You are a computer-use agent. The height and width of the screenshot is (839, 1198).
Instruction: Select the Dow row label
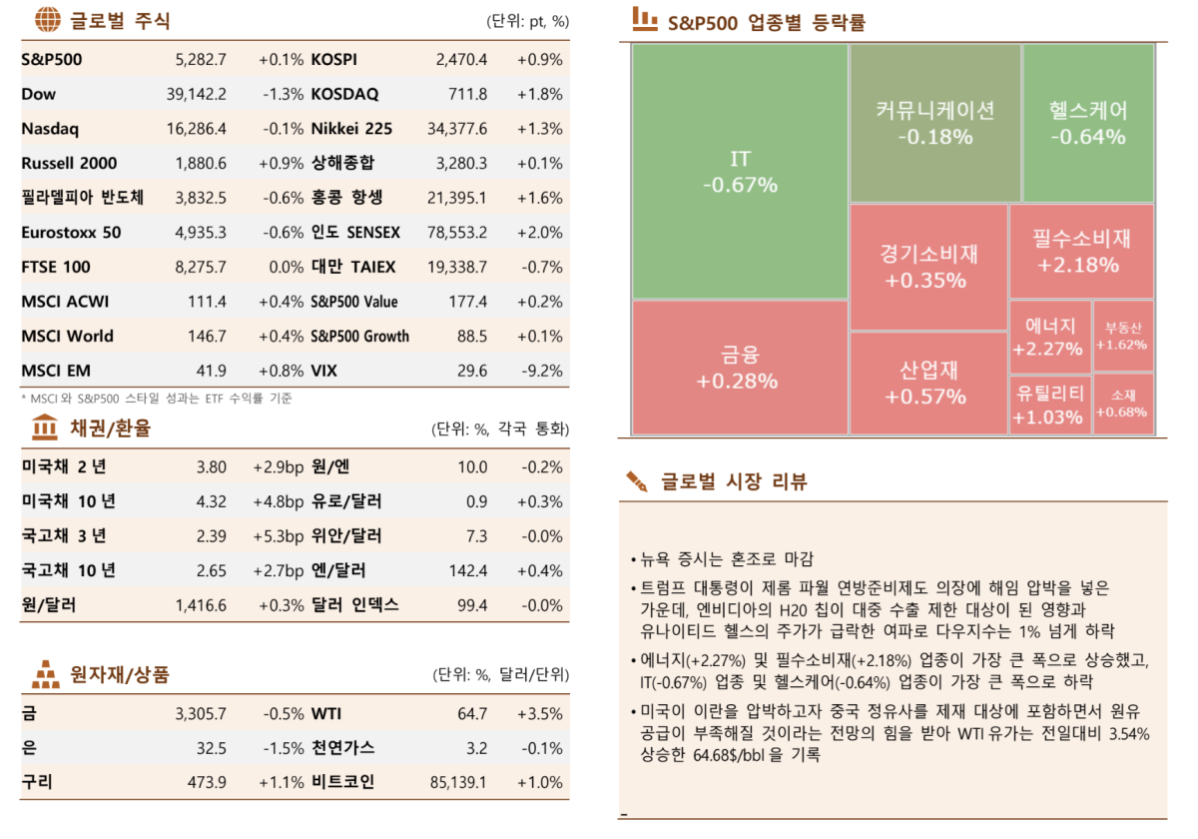pyautogui.click(x=39, y=95)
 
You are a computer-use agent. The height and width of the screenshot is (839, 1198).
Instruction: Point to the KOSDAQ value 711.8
pyautogui.click(x=468, y=95)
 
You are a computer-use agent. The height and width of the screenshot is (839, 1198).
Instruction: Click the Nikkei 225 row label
pyautogui.click(x=351, y=129)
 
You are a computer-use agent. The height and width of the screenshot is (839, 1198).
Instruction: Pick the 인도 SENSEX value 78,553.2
pyautogui.click(x=456, y=233)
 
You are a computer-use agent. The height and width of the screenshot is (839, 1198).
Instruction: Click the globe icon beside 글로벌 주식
pyautogui.click(x=46, y=19)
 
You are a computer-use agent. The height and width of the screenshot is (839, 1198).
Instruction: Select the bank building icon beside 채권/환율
pyautogui.click(x=45, y=428)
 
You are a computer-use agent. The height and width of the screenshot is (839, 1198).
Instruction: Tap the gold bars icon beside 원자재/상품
pyautogui.click(x=45, y=674)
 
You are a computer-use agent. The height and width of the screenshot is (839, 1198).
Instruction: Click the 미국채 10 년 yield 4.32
pyautogui.click(x=212, y=501)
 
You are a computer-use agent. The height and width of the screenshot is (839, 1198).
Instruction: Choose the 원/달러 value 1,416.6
pyautogui.click(x=201, y=605)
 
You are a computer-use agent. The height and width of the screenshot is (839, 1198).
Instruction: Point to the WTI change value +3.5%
pyautogui.click(x=540, y=714)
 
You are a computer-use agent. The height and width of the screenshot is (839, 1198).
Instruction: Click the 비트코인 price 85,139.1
pyautogui.click(x=457, y=782)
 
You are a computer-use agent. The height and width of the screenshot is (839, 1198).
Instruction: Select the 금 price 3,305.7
pyautogui.click(x=200, y=714)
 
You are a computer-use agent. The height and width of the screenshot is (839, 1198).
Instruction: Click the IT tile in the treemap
pyautogui.click(x=740, y=172)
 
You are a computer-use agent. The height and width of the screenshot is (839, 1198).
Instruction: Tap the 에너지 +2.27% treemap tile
pyautogui.click(x=1049, y=337)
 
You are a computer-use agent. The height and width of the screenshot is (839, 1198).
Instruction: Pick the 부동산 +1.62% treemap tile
pyautogui.click(x=1123, y=336)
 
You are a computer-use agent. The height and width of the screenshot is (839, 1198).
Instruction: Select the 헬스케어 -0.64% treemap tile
pyautogui.click(x=1088, y=123)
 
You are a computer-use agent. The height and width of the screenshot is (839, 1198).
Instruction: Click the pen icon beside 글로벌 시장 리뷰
pyautogui.click(x=637, y=482)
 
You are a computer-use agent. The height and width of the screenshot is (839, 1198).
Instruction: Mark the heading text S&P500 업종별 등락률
pyautogui.click(x=766, y=21)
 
